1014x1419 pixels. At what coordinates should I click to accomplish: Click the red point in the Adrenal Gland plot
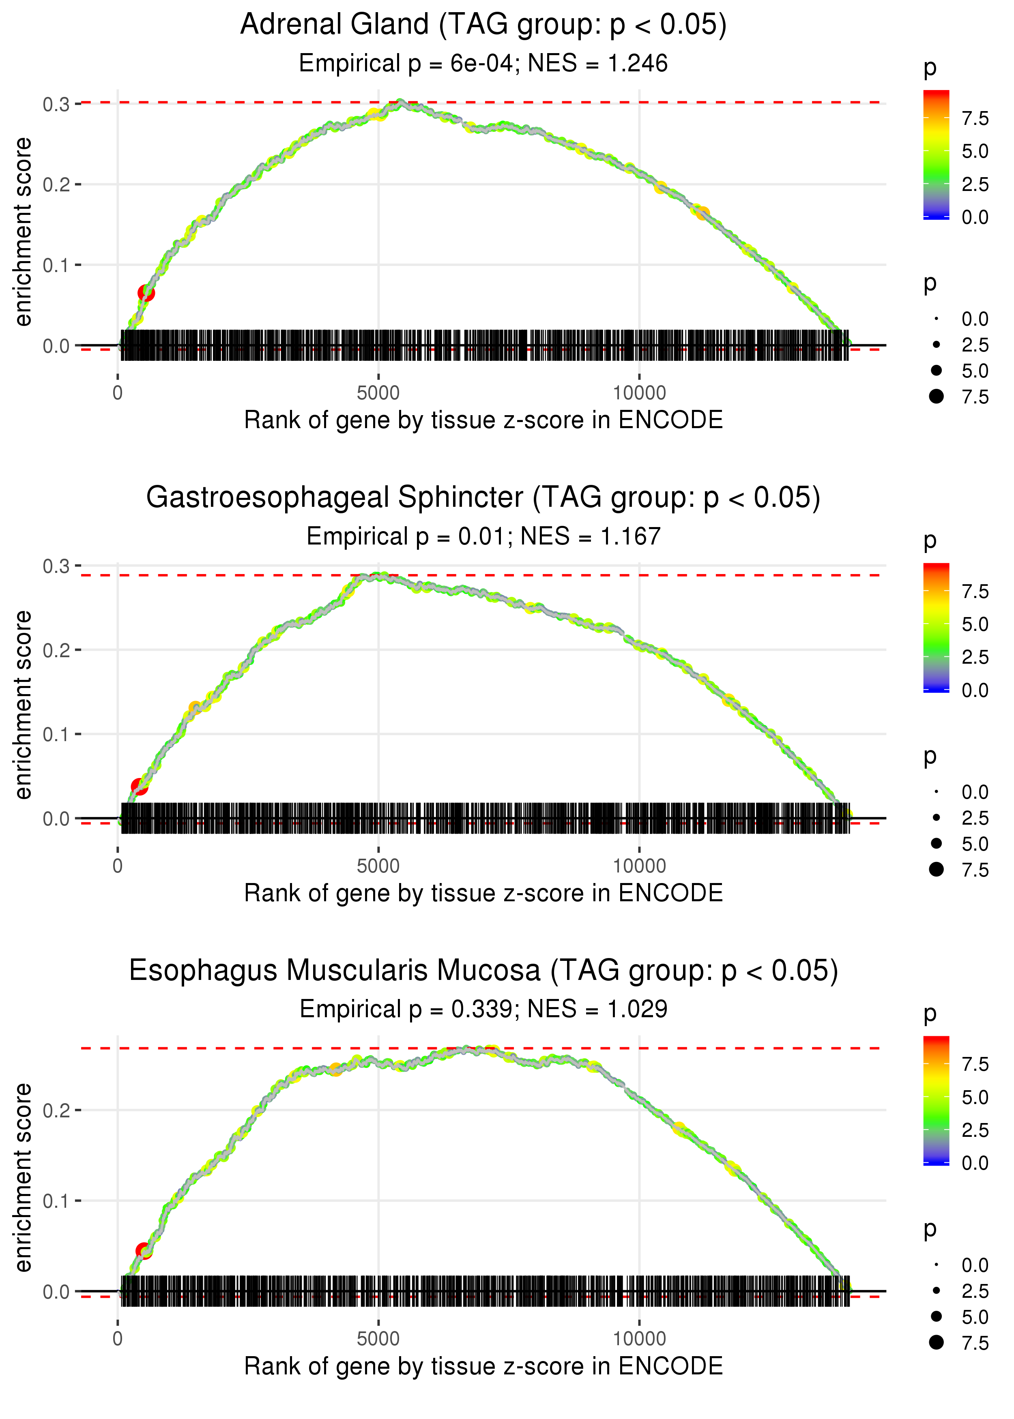(x=146, y=293)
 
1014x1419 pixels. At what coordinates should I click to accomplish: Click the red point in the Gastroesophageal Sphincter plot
(x=139, y=786)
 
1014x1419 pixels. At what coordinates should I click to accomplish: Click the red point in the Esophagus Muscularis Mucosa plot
(x=144, y=1250)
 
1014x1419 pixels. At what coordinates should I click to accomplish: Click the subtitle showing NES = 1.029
(x=483, y=1009)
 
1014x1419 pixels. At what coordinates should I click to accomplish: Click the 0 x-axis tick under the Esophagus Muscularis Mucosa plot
(x=117, y=1339)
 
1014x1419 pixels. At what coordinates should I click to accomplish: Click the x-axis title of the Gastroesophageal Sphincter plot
(x=483, y=893)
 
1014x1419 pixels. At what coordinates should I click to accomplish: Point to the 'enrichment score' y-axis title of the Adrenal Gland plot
(x=23, y=232)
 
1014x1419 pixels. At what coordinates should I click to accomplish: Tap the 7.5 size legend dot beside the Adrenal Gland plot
(x=936, y=396)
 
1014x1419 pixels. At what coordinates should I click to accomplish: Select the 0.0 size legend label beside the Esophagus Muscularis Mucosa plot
(x=975, y=1265)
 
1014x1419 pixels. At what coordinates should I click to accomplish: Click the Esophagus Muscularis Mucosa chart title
(x=483, y=971)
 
